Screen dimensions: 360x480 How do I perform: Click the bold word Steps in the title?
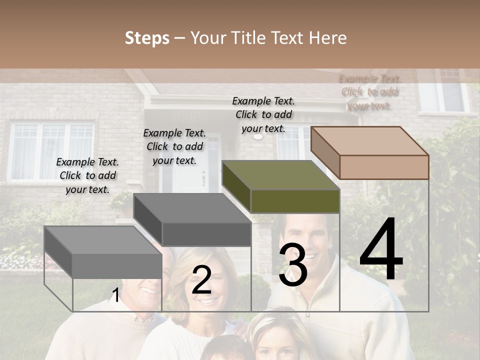coord(147,38)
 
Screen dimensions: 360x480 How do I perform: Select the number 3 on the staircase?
coord(292,265)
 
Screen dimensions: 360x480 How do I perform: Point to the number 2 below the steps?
coord(201,280)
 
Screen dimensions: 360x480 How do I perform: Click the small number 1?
coord(115,295)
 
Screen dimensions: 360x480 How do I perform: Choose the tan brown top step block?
coord(370,152)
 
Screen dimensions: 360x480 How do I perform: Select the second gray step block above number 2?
coord(192,220)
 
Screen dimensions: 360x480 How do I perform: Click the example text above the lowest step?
coord(87,175)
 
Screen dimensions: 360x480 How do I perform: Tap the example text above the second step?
coord(174,146)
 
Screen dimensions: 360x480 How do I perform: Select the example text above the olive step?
coord(263,114)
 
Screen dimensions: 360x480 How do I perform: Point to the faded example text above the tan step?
coord(369,92)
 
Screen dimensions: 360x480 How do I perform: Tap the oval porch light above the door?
coord(258,136)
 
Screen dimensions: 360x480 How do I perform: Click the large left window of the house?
coord(52,151)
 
